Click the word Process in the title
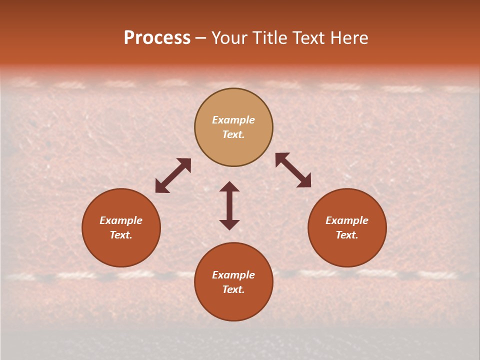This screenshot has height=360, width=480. (x=157, y=38)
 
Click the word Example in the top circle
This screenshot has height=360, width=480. (x=233, y=120)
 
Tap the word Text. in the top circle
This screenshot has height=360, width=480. (x=233, y=134)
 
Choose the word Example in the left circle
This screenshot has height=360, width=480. (x=121, y=220)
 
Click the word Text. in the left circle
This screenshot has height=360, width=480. (x=121, y=235)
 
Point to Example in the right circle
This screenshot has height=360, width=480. (x=347, y=220)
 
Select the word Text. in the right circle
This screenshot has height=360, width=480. (x=347, y=235)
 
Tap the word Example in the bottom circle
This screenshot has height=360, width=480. (x=233, y=275)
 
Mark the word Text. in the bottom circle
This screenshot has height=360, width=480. (x=233, y=289)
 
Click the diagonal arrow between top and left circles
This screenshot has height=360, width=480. (x=173, y=175)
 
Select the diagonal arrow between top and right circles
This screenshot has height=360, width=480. (x=293, y=170)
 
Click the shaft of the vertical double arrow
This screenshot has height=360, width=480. (x=229, y=205)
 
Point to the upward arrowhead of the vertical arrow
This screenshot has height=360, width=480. (x=229, y=186)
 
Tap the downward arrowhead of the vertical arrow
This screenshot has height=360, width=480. (x=229, y=224)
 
